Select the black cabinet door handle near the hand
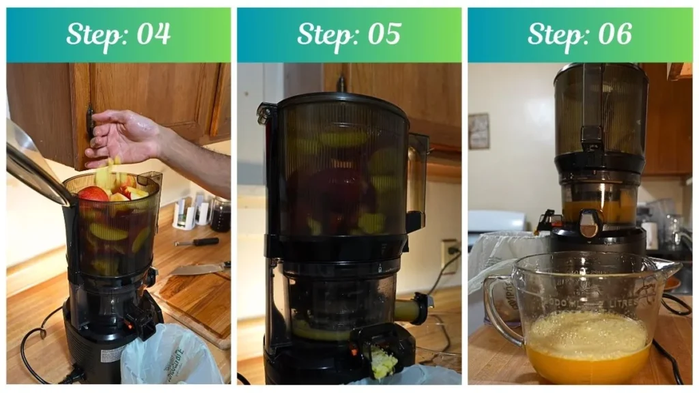89,120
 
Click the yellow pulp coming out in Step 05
383,362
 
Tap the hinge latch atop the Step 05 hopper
265,113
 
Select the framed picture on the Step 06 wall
479,130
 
